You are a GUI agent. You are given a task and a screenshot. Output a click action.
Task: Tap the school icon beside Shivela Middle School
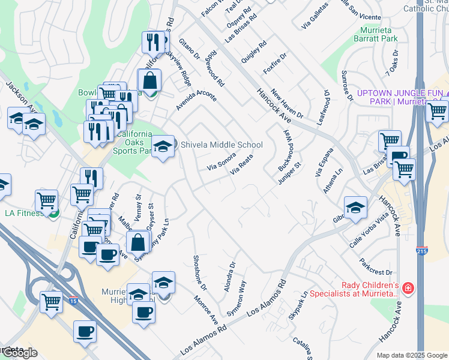click(x=161, y=146)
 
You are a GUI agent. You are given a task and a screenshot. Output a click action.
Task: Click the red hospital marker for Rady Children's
click(x=409, y=289)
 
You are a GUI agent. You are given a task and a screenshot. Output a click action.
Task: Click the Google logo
click(x=19, y=353)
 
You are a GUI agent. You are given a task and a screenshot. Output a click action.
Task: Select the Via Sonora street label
click(x=221, y=161)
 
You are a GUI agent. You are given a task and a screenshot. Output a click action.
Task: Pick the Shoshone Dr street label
click(x=199, y=272)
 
